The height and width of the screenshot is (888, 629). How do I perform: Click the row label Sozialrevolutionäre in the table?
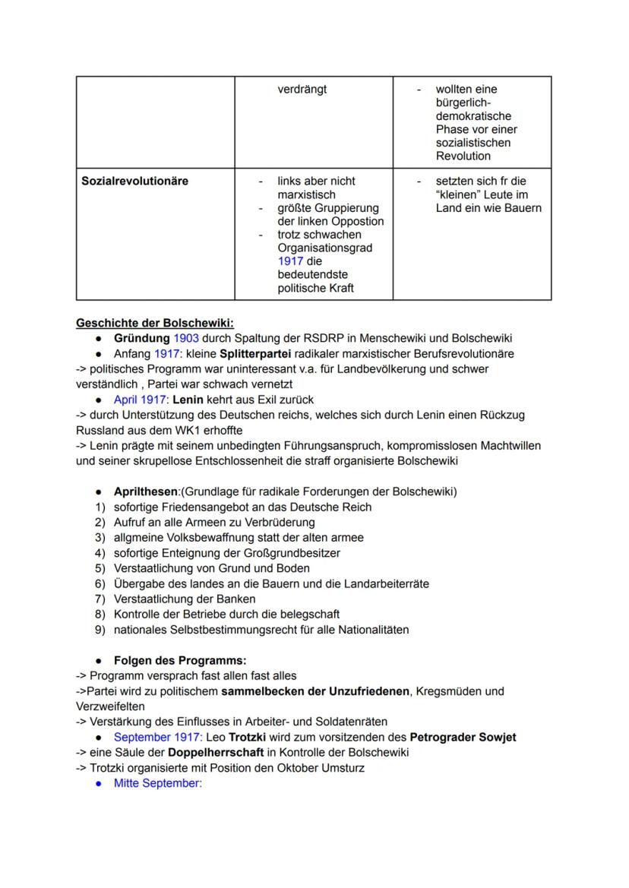(134, 181)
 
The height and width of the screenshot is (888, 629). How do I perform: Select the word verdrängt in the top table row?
(302, 89)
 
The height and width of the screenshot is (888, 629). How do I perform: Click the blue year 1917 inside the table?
(290, 261)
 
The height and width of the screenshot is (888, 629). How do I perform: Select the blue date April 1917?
(141, 400)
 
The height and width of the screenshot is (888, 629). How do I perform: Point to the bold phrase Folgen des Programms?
(180, 660)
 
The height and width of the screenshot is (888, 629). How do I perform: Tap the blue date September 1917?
(158, 737)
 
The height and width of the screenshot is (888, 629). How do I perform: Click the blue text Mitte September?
(157, 783)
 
